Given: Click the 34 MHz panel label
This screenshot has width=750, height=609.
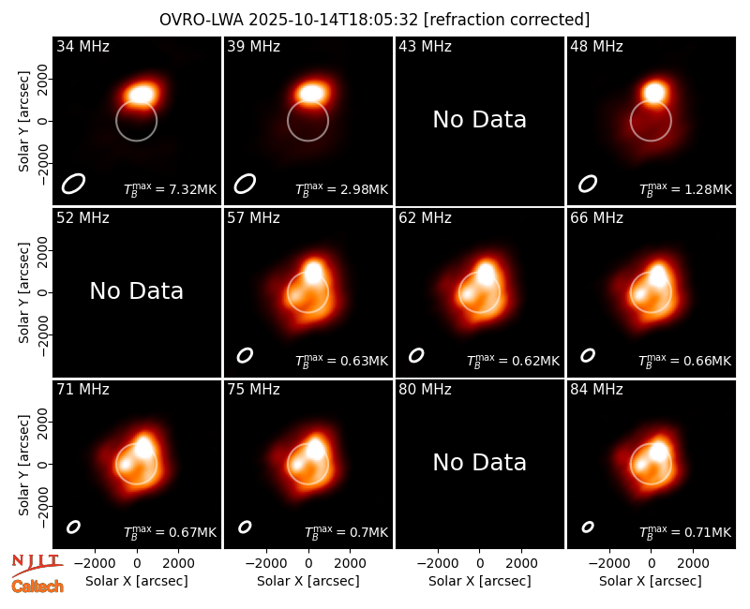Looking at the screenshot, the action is click(82, 46).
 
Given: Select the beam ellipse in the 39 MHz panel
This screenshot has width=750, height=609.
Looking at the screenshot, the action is click(245, 184).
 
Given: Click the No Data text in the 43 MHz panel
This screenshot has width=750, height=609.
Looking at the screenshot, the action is click(480, 120).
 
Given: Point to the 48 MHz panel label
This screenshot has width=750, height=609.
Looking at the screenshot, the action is click(596, 46).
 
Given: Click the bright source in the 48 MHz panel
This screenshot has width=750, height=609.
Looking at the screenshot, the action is click(654, 92).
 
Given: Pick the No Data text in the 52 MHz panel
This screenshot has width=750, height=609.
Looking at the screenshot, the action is click(137, 291).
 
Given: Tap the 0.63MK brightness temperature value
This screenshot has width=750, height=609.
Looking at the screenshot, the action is click(364, 362).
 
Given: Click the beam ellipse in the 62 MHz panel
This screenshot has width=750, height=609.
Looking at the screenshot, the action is click(416, 355).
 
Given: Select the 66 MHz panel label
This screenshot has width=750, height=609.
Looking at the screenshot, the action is click(596, 218).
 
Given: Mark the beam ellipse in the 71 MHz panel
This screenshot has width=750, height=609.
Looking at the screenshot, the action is click(73, 527).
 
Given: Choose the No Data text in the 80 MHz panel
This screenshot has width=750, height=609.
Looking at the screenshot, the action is click(480, 463).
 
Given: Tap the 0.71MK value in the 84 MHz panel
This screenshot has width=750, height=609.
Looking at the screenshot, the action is click(708, 532).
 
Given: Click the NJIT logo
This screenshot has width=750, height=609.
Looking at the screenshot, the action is click(37, 565).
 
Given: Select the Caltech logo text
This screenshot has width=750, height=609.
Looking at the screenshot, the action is click(37, 587).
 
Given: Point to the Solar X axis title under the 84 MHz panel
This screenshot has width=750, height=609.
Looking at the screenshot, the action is click(651, 581).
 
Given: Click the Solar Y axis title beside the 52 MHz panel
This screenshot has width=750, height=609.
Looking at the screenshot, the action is click(23, 292).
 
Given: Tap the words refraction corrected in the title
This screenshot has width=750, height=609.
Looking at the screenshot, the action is click(507, 20).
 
